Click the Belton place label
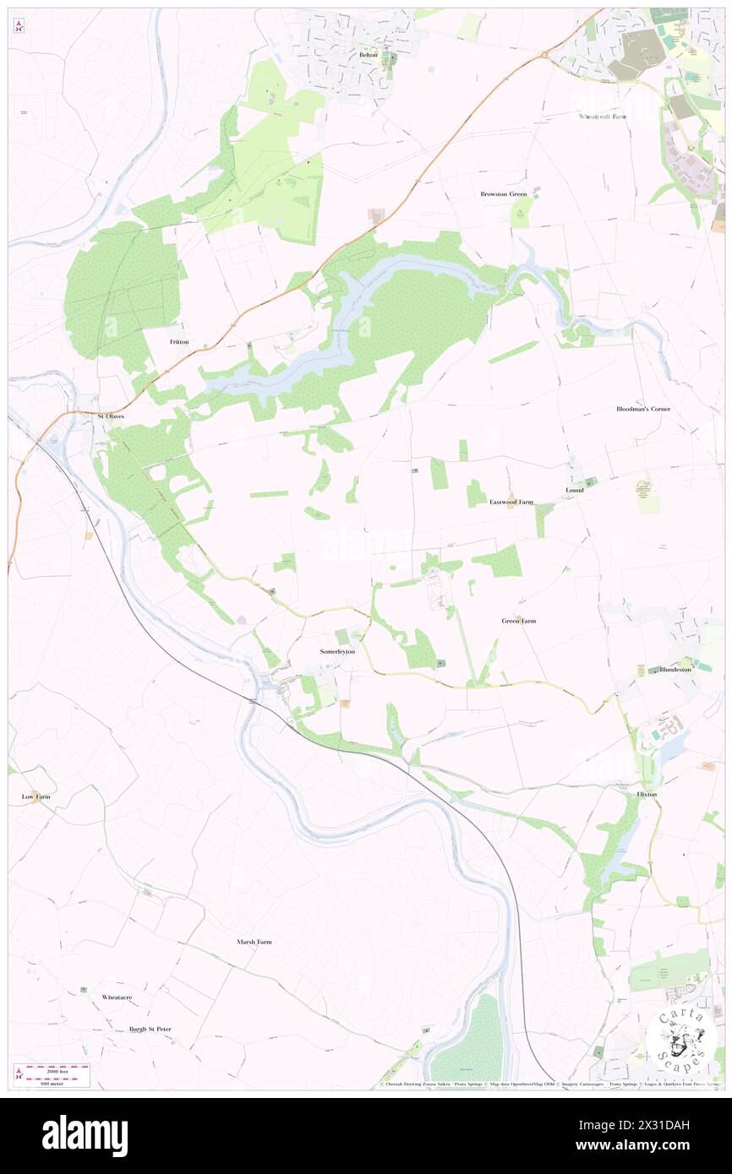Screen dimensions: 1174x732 (368, 55)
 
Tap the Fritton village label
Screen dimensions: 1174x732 (179, 342)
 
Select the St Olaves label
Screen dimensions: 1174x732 (112, 416)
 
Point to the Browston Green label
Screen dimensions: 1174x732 (504, 194)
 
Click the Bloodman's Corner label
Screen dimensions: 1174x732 (643, 409)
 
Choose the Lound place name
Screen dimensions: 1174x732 (575, 490)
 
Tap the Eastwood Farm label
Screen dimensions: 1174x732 (511, 502)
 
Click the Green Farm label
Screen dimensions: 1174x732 (519, 621)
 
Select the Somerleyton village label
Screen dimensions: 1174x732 (337, 652)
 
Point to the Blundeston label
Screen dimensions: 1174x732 (675, 669)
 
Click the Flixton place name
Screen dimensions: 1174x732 (647, 795)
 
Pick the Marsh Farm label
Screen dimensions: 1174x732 (254, 942)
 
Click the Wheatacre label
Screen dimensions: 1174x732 (117, 997)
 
